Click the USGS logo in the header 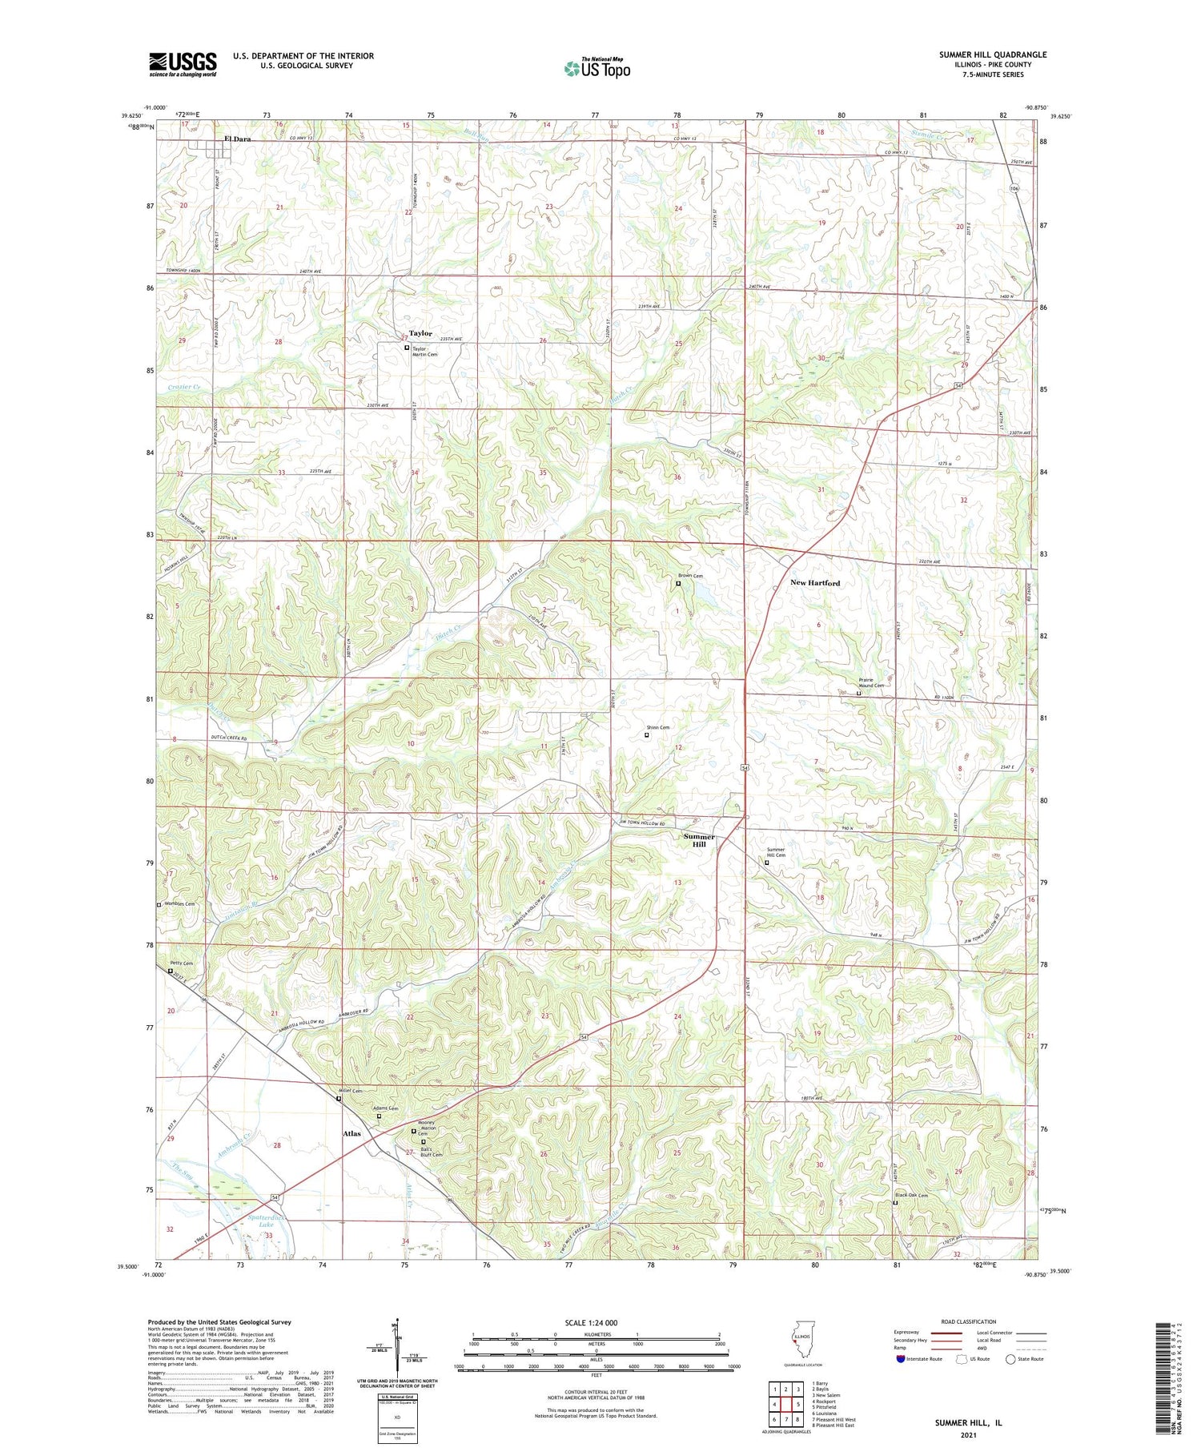[183, 63]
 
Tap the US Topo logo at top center [596, 68]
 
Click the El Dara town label [237, 139]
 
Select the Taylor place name [420, 333]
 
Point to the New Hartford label [815, 583]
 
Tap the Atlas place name [351, 1133]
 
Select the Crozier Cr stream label [184, 388]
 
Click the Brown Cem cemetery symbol [678, 584]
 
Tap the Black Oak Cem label [911, 1196]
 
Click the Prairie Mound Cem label [871, 682]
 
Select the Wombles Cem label [179, 904]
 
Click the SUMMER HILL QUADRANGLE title [993, 54]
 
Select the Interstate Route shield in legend [901, 1359]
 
